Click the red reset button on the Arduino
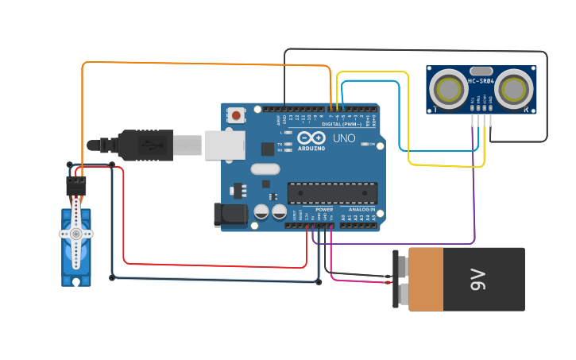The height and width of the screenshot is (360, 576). point(236,116)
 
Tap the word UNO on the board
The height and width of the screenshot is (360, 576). point(344,138)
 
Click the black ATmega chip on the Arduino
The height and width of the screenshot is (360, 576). point(332,192)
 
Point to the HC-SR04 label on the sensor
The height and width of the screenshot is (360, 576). point(481,81)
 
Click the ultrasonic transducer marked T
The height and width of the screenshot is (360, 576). point(448,90)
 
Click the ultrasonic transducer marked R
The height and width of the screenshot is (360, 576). point(513,90)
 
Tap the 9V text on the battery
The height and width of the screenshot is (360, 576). point(477,279)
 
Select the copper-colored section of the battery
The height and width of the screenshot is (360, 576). point(426,279)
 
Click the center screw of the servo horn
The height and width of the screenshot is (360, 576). point(76,234)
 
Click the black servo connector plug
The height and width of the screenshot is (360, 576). point(76,185)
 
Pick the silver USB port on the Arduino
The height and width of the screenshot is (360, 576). point(225,145)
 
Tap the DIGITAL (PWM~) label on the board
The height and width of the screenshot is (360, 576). point(342,125)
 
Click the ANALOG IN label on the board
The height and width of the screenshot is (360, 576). point(361,209)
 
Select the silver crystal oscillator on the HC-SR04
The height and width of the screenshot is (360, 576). point(481,71)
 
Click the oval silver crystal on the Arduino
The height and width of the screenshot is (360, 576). point(265,168)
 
